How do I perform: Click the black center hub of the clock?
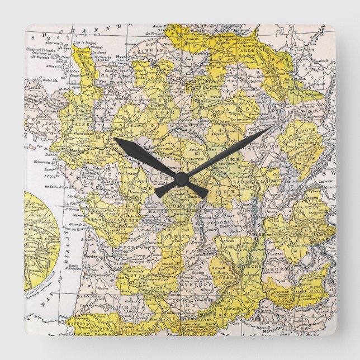(x=180, y=179)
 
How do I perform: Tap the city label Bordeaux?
(x=91, y=257)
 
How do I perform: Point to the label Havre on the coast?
(x=122, y=56)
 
